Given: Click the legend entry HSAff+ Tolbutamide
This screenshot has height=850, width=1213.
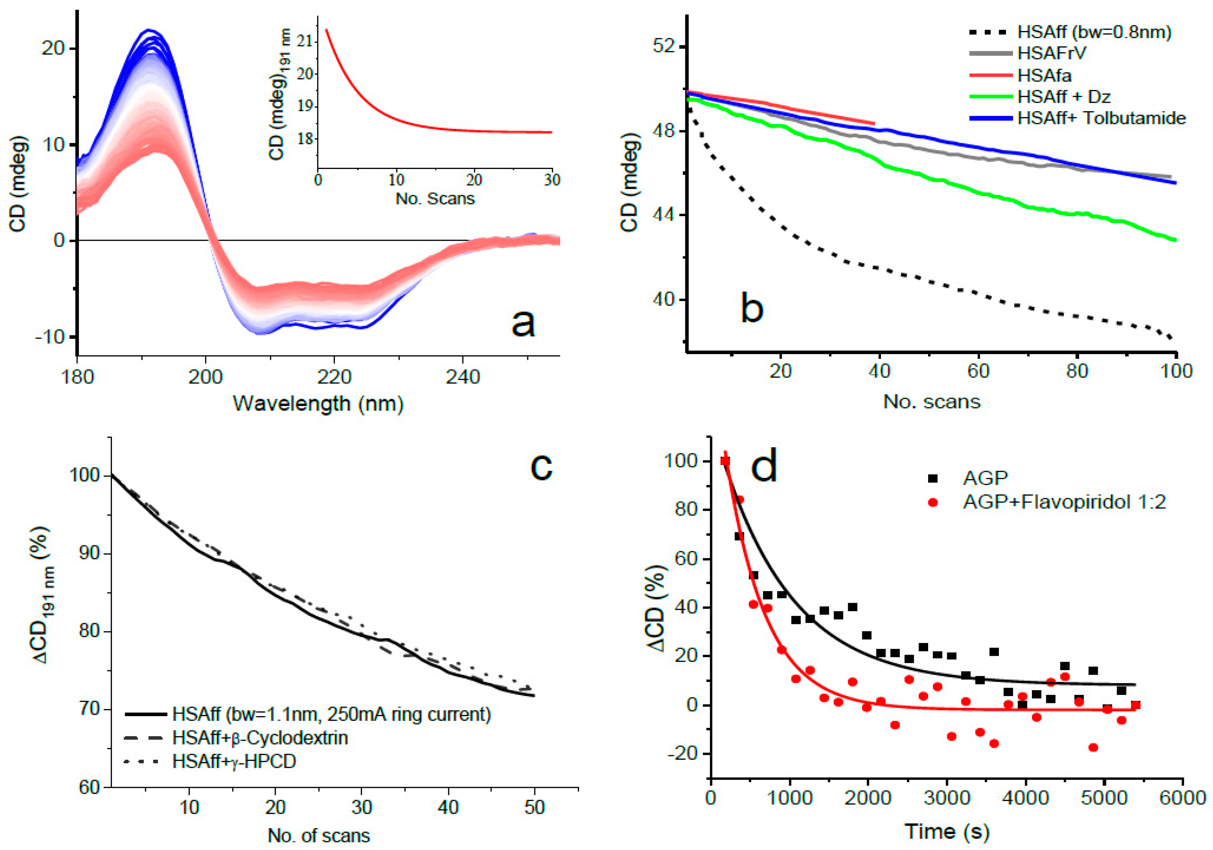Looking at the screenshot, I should [1101, 118].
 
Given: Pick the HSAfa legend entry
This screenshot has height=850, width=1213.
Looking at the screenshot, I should [1044, 76].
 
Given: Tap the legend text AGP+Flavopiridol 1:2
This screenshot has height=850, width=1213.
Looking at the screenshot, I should [1064, 501].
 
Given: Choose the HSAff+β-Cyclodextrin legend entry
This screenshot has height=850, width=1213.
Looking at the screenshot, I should [260, 737].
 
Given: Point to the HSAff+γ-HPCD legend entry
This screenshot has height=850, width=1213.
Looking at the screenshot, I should [234, 761].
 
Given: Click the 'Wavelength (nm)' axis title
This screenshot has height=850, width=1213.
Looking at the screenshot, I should [318, 404].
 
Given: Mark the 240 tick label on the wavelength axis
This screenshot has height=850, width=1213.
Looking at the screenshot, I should [463, 377].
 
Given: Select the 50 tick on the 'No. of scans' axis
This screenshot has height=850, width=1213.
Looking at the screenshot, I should [534, 807].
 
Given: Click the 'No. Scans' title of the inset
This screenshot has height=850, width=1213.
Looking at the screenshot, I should [435, 199].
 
